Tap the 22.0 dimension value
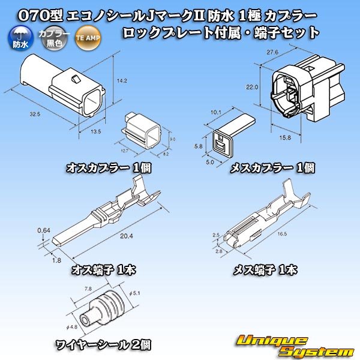pyautogui.click(x=253, y=87)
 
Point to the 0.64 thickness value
pyautogui.click(x=43, y=230)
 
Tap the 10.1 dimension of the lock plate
pyautogui.click(x=217, y=111)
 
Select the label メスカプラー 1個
pyautogui.click(x=272, y=169)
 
